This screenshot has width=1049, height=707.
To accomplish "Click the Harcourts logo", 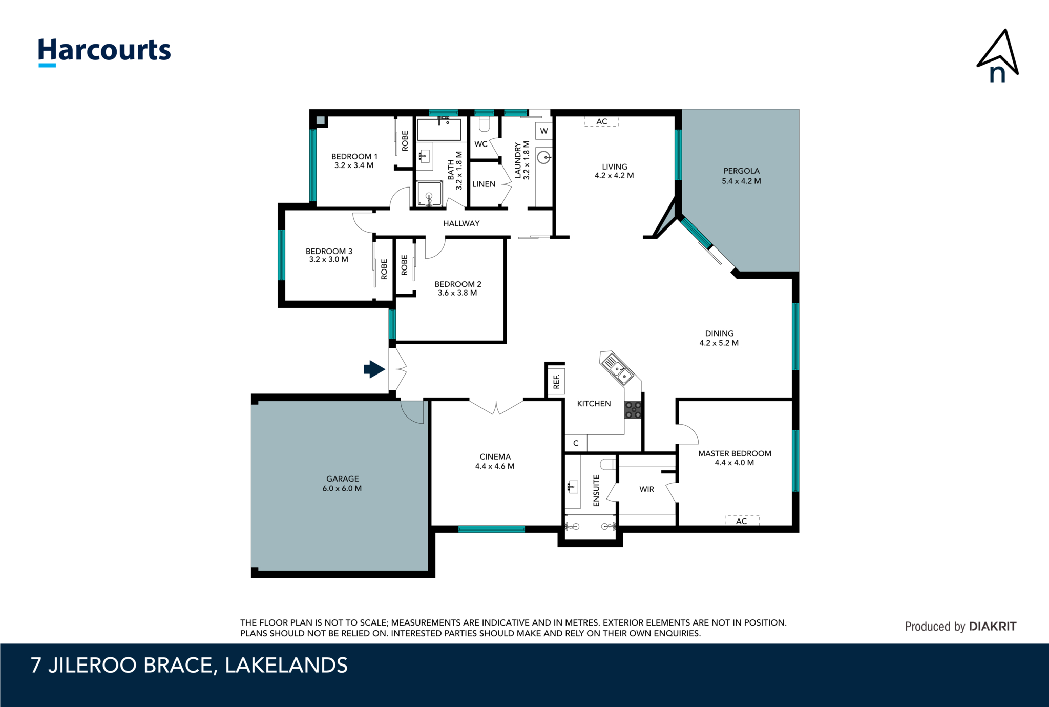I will pos(104,51).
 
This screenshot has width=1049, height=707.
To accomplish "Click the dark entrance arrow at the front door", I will pos(374,369).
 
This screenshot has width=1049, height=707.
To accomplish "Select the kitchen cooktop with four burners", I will pos(633,410).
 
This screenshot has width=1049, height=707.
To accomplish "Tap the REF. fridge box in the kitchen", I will pos(556,381).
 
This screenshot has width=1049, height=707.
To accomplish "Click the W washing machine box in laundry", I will pos(544,131).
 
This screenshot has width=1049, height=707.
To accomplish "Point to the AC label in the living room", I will pos(602,122).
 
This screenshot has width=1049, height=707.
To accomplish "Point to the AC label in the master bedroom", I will pos(741,521).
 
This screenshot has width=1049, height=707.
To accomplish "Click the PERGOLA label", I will pos(741,171).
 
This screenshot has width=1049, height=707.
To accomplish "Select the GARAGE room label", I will pos(342,479).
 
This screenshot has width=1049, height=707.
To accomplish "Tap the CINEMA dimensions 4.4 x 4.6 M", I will pos(494,466).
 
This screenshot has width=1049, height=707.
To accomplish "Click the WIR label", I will pos(646,489).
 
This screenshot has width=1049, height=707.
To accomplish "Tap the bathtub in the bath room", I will pos(439,130).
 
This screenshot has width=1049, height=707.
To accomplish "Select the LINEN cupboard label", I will pos(484,184).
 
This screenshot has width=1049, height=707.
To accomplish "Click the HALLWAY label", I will pos(461,223).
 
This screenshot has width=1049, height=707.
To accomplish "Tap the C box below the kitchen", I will pos(576,443).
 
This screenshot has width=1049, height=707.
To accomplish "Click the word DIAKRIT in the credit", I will pos(993,627).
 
